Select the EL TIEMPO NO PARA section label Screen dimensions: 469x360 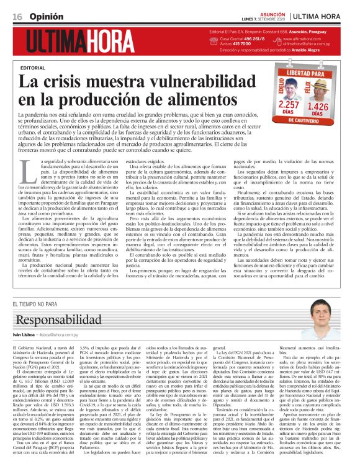pos(38,303)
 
